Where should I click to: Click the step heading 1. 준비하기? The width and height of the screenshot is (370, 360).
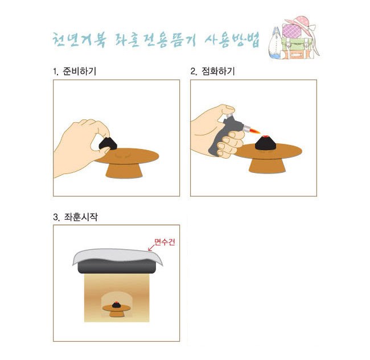click(75, 71)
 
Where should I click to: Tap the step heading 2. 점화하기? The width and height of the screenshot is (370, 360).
click(213, 71)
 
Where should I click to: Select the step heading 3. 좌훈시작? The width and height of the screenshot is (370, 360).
click(75, 217)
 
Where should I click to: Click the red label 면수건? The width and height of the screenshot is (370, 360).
click(165, 242)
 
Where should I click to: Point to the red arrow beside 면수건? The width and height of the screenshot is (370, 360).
click(151, 247)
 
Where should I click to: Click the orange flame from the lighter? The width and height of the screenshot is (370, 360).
click(256, 130)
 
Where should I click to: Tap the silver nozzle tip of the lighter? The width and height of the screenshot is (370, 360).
click(246, 129)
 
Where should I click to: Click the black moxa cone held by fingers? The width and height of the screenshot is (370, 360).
click(108, 143)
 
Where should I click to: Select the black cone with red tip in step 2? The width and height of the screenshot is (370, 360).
click(265, 143)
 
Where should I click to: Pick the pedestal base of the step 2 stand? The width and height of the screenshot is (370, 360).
click(267, 165)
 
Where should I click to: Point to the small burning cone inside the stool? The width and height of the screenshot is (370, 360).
click(116, 305)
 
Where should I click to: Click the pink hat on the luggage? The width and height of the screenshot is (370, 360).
click(300, 23)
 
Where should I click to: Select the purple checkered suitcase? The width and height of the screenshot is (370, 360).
click(292, 31)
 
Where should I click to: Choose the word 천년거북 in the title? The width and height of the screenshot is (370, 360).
click(79, 39)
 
